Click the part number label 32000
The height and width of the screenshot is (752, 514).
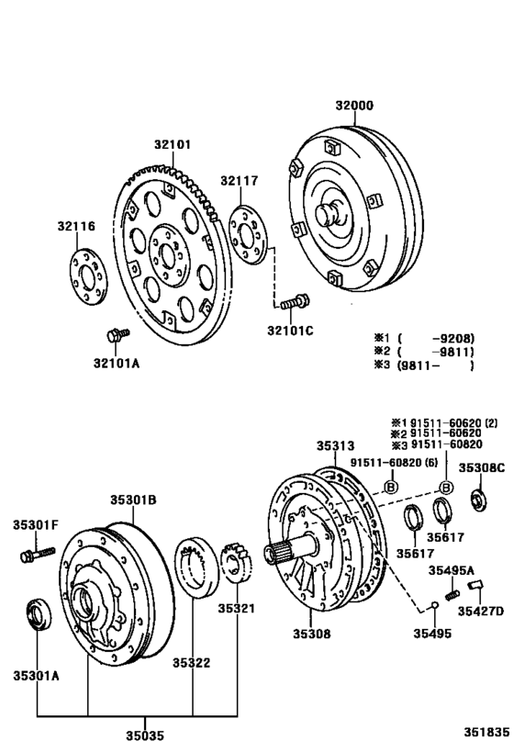pyautogui.click(x=353, y=107)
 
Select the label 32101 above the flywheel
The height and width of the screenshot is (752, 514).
pyautogui.click(x=172, y=144)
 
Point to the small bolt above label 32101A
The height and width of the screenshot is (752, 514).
pyautogui.click(x=114, y=335)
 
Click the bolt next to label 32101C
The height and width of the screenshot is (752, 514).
pyautogui.click(x=294, y=300)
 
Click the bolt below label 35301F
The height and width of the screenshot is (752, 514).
pyautogui.click(x=30, y=555)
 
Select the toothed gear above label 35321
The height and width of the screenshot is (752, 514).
pyautogui.click(x=237, y=565)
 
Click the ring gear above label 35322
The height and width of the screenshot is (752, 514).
pyautogui.click(x=195, y=566)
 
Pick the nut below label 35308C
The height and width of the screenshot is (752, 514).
pyautogui.click(x=477, y=500)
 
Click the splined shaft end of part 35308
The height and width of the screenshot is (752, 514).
pyautogui.click(x=281, y=555)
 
